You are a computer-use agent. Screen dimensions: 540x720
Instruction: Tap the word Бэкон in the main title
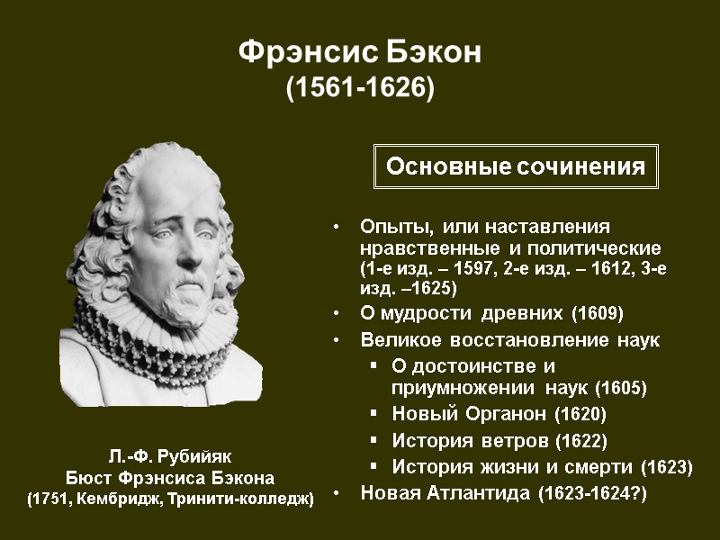[x=433, y=53]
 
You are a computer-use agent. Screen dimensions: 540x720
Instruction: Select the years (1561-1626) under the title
[x=359, y=89]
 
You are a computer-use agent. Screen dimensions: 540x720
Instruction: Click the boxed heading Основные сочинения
[x=516, y=166]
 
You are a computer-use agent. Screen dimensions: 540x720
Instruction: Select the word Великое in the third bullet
[x=397, y=341]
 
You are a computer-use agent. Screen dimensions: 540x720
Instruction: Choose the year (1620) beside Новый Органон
[x=580, y=415]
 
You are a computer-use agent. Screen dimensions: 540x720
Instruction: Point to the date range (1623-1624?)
[x=591, y=493]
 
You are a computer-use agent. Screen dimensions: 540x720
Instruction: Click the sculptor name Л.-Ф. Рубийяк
[x=170, y=456]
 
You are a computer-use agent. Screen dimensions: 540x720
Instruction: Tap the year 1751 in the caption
[x=51, y=498]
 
